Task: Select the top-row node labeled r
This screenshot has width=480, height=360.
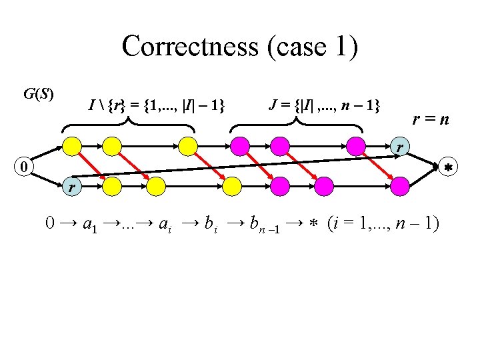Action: (x=401, y=146)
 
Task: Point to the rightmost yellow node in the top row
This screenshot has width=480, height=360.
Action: (x=188, y=145)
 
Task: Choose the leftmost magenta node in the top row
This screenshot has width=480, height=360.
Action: (x=239, y=145)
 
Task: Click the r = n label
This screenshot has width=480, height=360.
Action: (x=430, y=120)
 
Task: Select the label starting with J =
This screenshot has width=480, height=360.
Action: (x=324, y=105)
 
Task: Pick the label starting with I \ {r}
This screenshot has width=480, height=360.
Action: (x=157, y=105)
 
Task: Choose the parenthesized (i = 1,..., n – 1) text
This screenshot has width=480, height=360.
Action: (x=383, y=225)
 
